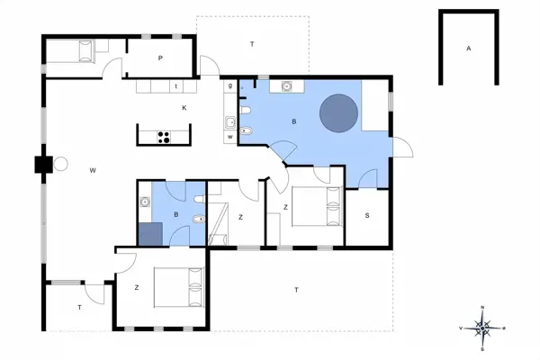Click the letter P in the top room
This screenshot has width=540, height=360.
[160, 58]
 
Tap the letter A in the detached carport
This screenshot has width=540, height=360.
[468, 48]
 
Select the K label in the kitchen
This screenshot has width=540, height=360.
[184, 108]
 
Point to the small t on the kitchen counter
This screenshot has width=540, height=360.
[175, 87]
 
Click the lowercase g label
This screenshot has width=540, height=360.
[230, 85]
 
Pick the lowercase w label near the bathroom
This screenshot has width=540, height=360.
[230, 136]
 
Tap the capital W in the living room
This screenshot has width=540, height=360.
[93, 169]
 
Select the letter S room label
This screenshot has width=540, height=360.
[367, 215]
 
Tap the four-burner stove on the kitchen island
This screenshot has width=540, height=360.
[165, 138]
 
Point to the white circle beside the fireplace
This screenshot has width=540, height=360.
[62, 164]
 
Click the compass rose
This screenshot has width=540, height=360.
[483, 328]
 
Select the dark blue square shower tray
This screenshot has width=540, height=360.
[151, 233]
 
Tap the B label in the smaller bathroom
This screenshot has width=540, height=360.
[175, 215]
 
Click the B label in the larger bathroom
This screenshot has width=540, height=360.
[293, 120]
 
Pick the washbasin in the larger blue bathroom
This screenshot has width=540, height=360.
[287, 86]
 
